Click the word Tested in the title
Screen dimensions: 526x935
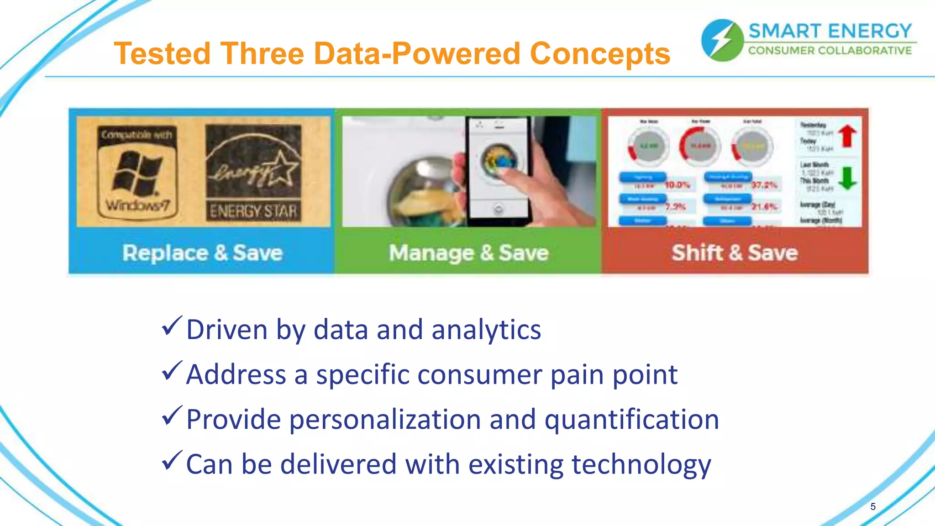click(162, 54)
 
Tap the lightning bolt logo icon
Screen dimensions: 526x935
click(722, 40)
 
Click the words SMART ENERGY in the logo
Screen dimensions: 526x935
click(830, 31)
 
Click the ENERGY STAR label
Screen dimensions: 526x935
click(253, 174)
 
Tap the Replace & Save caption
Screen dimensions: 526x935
click(202, 253)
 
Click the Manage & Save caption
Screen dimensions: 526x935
click(468, 253)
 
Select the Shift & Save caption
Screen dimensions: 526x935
click(735, 253)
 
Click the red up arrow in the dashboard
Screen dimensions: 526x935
click(847, 136)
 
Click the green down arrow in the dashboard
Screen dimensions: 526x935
click(847, 178)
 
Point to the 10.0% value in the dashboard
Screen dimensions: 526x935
click(678, 185)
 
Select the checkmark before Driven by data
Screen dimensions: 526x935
click(172, 326)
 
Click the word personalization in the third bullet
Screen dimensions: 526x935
click(385, 420)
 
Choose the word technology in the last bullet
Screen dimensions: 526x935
click(641, 464)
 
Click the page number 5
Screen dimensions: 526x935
click(873, 506)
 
